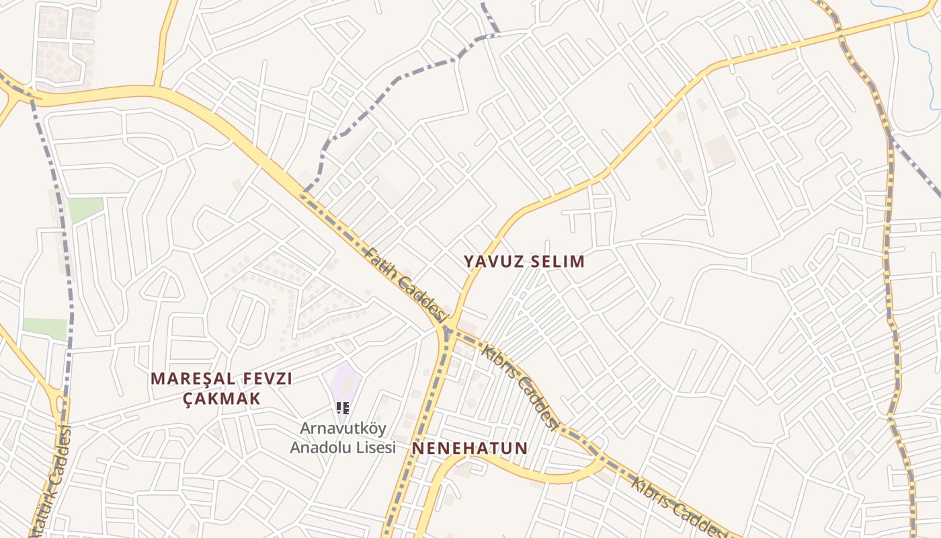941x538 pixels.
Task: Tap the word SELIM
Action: click(558, 262)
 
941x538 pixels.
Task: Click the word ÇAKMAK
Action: click(222, 398)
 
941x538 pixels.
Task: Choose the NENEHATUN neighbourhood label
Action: click(470, 448)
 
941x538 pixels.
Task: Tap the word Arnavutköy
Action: click(342, 428)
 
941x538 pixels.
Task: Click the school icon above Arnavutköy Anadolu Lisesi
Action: click(343, 408)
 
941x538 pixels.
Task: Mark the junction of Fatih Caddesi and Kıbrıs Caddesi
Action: click(446, 329)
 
